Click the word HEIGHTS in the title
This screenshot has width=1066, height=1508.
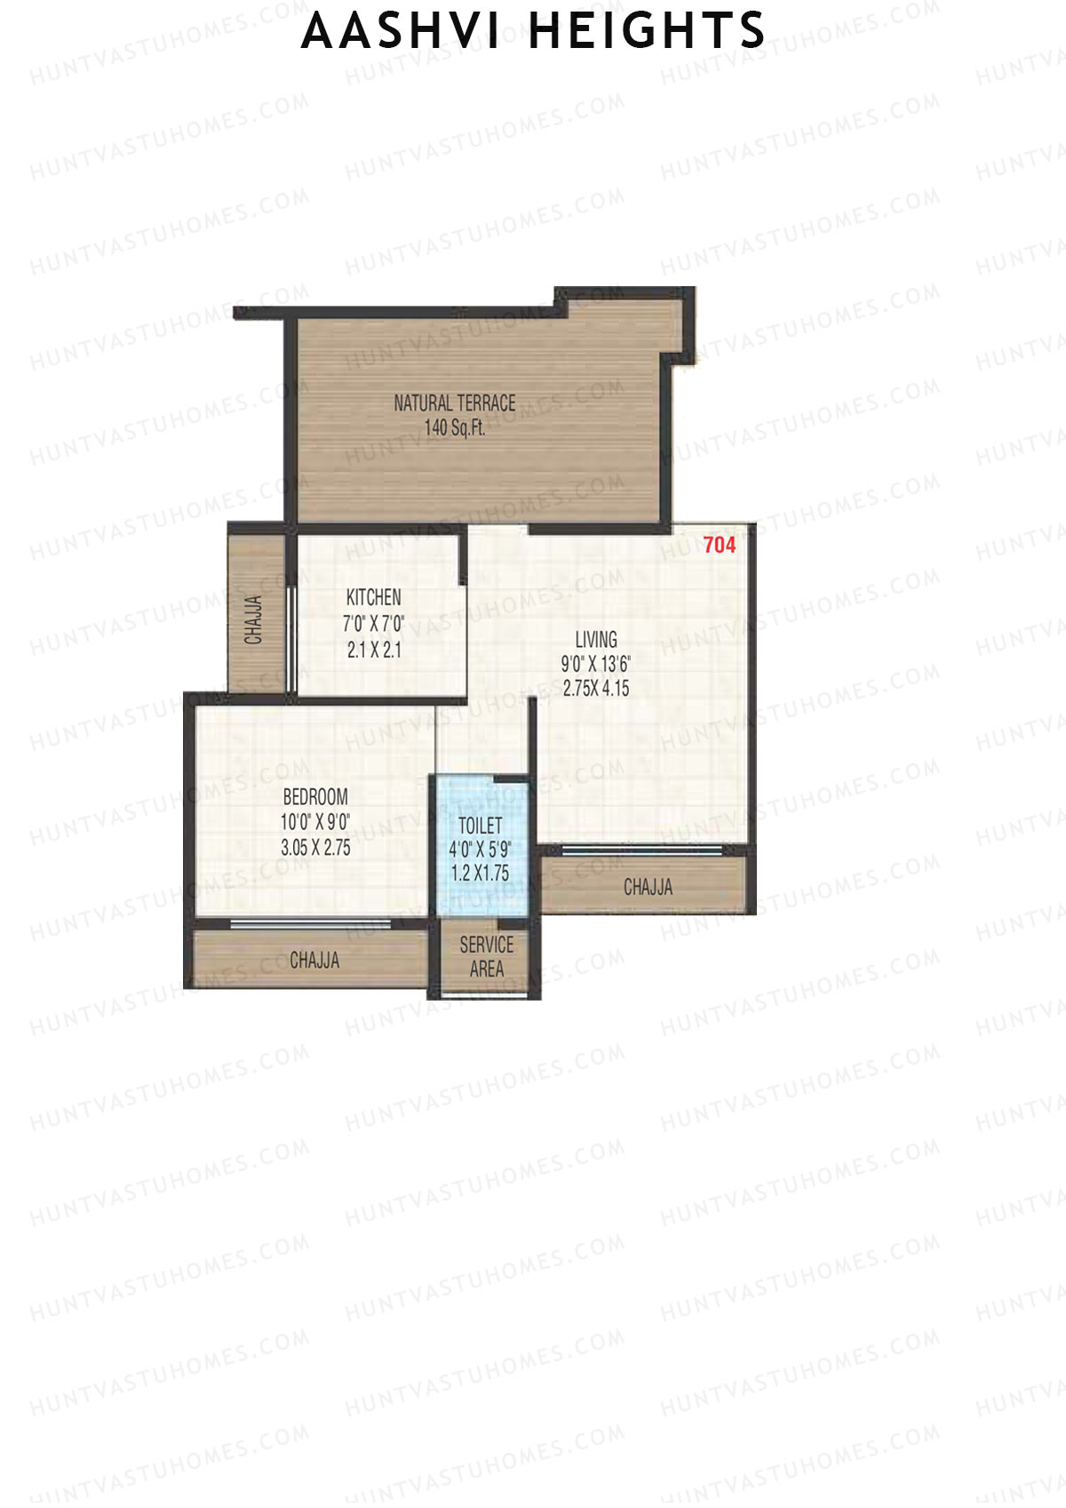point(646,31)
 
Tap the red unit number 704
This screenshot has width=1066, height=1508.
point(719,545)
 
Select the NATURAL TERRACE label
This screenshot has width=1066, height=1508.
point(455,403)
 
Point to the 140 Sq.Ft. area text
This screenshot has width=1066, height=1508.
point(455,428)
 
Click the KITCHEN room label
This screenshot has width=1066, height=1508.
point(373,598)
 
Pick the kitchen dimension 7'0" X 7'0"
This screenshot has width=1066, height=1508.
point(373,624)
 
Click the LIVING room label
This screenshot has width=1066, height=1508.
point(595,640)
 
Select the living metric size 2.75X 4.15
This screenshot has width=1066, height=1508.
point(595,688)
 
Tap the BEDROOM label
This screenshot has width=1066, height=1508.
point(314,797)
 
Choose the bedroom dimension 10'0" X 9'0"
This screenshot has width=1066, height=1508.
point(314,822)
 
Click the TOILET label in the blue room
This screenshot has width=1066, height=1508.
point(480,826)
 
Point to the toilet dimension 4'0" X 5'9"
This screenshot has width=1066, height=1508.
point(480,850)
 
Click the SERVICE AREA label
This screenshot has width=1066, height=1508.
point(486,957)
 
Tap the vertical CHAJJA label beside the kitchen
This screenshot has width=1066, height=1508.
point(254,619)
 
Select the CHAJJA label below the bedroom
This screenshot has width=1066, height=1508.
point(314,961)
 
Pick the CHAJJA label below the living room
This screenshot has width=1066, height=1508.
point(648,887)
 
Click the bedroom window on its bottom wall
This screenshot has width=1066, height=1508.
point(310,923)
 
